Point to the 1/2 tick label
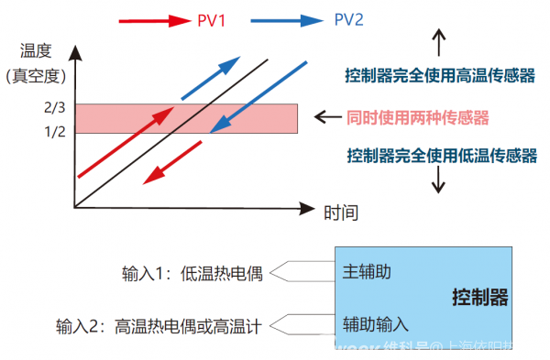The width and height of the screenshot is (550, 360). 54,130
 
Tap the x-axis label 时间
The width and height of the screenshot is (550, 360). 341,213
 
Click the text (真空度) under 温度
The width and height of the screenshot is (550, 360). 34,76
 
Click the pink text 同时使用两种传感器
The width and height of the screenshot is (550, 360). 418,117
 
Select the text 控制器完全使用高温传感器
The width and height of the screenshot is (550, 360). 440,76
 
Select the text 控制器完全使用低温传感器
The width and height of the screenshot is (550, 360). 440,156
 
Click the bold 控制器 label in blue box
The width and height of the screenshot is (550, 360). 479,299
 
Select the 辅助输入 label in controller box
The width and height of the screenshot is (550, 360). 375,323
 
